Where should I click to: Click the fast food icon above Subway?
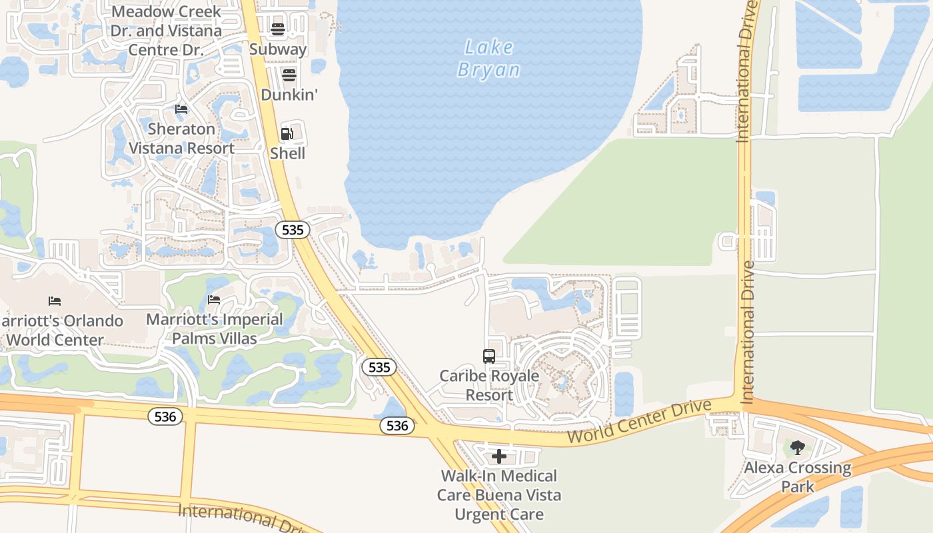[278, 29]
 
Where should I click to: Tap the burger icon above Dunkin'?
[289, 75]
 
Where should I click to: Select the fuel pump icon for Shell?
[287, 134]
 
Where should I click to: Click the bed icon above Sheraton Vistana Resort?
[181, 109]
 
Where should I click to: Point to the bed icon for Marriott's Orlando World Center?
[55, 301]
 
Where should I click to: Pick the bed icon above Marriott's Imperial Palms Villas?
[214, 300]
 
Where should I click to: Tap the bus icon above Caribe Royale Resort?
[489, 356]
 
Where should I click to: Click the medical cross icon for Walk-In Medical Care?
[499, 456]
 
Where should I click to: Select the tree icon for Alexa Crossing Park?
[798, 448]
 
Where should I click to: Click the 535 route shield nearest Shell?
[293, 230]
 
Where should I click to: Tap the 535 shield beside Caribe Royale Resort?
[379, 367]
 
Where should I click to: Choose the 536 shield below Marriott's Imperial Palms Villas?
[165, 416]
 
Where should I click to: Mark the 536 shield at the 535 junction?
[397, 425]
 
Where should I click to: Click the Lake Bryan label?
[488, 59]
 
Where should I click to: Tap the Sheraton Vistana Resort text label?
[181, 139]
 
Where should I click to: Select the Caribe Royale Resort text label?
[489, 385]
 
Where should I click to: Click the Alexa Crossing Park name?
[798, 477]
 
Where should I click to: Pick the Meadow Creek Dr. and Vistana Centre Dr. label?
[166, 31]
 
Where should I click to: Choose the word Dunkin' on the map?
[289, 95]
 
